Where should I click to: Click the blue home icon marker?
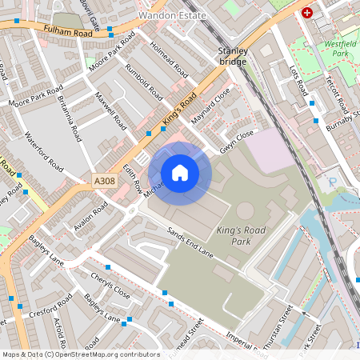click(180, 173)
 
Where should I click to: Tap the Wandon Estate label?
click(167, 15)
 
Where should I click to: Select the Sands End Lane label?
click(190, 242)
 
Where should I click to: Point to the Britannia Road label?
click(70, 120)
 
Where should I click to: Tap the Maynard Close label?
click(210, 110)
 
